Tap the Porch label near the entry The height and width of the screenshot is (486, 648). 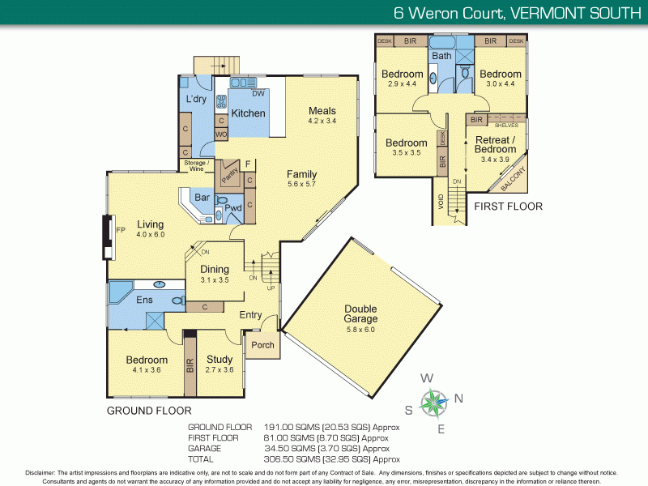[x=262, y=345]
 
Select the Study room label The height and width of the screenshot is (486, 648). [x=219, y=360]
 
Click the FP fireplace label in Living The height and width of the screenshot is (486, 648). [x=121, y=231]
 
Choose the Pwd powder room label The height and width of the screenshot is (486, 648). [x=233, y=208]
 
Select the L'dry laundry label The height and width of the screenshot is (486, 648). [x=197, y=99]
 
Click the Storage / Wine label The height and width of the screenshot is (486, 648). [x=197, y=166]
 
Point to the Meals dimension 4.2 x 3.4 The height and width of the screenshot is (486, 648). [x=322, y=122]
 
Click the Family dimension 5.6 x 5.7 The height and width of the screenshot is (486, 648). [x=301, y=185]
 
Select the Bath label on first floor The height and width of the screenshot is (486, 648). [x=441, y=56]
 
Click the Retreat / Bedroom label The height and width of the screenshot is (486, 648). [x=495, y=144]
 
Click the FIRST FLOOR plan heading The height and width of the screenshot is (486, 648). [x=509, y=207]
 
